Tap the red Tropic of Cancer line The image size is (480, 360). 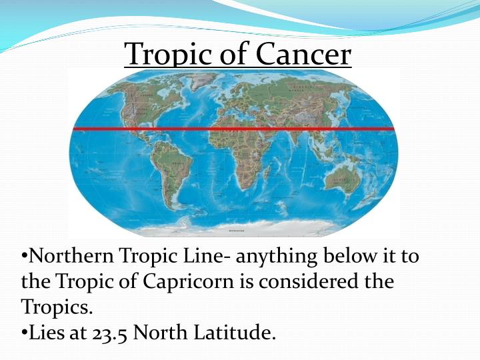233,129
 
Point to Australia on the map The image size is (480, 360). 344,175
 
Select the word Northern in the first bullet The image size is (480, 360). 73,255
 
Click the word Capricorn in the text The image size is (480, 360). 189,281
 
